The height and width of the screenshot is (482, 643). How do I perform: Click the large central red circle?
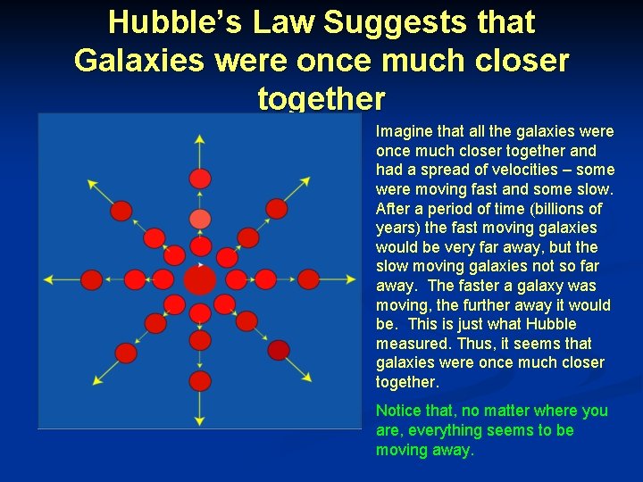pyautogui.click(x=200, y=280)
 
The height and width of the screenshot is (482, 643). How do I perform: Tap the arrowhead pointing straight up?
pyautogui.click(x=200, y=139)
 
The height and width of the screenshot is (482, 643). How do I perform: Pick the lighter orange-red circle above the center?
pyautogui.click(x=200, y=219)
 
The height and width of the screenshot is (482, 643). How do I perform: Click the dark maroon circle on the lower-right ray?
pyautogui.click(x=279, y=350)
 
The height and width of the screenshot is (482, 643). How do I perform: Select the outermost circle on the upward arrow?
pyautogui.click(x=200, y=179)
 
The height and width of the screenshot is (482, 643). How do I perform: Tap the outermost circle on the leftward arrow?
pyautogui.click(x=92, y=280)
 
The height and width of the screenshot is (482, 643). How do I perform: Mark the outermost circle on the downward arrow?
pyautogui.click(x=200, y=381)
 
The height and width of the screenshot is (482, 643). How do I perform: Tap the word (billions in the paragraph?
pyautogui.click(x=570, y=208)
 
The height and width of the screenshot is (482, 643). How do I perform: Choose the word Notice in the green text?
pyautogui.click(x=398, y=411)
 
